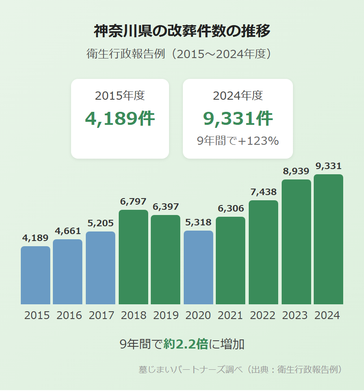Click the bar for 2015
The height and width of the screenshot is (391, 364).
coord(36,275)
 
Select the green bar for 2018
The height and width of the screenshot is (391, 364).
coord(133,257)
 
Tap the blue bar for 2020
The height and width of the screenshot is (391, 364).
coord(198,267)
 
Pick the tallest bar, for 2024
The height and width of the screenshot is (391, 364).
coord(328,239)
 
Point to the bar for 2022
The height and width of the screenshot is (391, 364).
coord(263,252)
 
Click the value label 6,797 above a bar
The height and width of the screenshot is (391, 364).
coord(133,202)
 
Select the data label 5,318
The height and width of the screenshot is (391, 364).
coord(198,222)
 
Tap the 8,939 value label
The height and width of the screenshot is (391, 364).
coord(296,171)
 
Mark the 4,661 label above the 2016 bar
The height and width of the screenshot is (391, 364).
coord(68,231)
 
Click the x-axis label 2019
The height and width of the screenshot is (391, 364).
coord(166,315)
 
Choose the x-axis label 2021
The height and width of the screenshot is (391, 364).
coord(231,315)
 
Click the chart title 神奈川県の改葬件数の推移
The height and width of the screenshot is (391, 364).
coord(182,31)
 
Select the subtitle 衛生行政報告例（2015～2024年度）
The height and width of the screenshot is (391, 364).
coord(182,54)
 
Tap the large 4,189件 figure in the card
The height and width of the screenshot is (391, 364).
coord(120,119)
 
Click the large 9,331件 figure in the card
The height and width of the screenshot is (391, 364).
coord(238,119)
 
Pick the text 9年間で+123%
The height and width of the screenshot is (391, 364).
coord(238,141)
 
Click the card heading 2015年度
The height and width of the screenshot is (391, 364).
coord(120,96)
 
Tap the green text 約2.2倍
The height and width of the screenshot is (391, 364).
coord(186,344)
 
